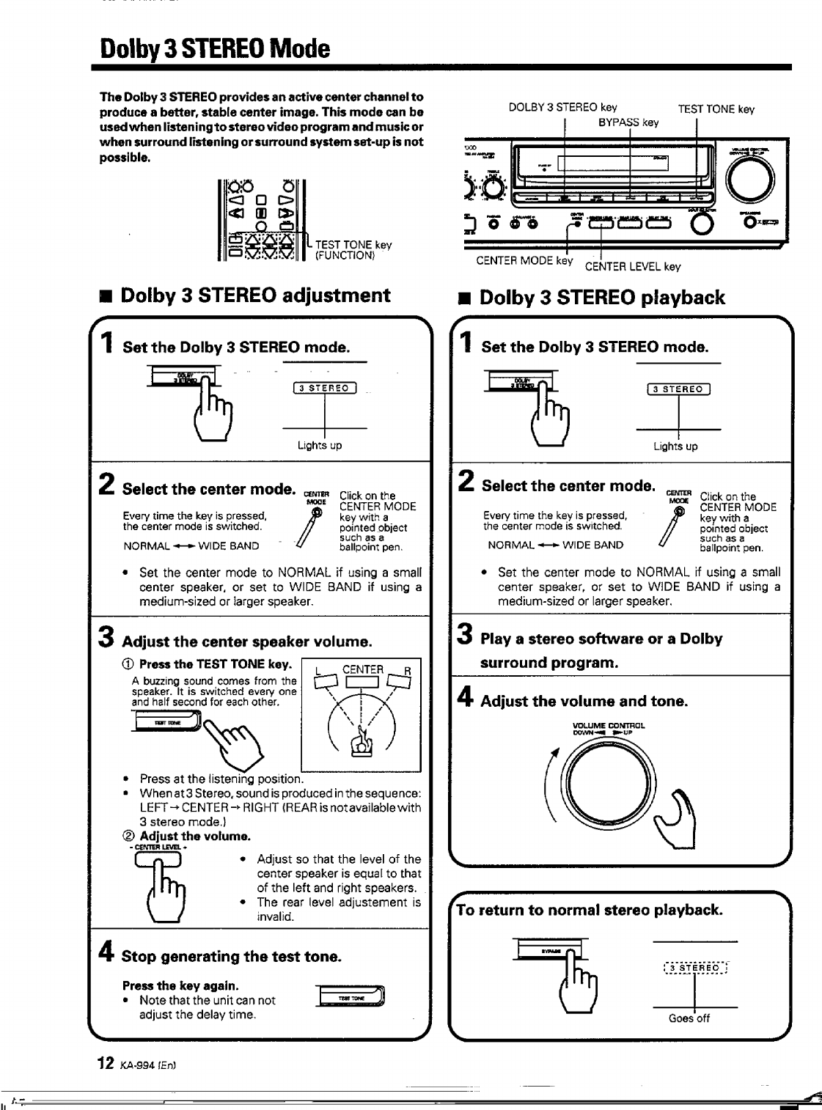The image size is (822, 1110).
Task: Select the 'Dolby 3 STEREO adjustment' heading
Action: click(x=255, y=295)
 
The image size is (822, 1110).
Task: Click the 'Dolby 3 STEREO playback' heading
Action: click(x=602, y=298)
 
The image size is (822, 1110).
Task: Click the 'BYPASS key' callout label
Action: click(x=628, y=122)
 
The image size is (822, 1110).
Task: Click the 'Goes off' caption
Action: click(x=689, y=1018)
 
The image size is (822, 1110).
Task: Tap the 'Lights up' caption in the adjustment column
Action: click(x=320, y=445)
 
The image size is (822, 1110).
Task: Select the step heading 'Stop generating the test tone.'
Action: click(x=232, y=956)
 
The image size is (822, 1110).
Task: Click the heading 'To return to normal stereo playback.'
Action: click(x=590, y=910)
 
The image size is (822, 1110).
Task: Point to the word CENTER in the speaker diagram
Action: click(x=363, y=669)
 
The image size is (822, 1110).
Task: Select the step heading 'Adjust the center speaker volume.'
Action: click(x=247, y=642)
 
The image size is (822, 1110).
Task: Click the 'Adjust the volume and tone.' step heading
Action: click(x=584, y=701)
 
